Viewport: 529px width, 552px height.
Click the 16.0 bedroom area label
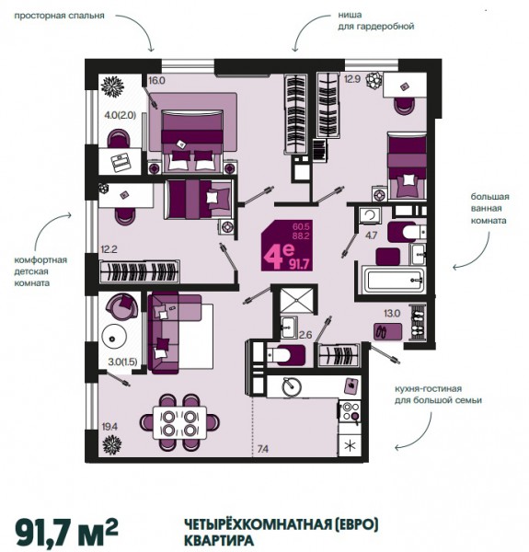coord(156,81)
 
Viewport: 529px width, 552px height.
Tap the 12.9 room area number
coord(352,79)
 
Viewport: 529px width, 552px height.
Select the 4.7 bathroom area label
coord(372,236)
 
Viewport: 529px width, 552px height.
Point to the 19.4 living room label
coord(109,427)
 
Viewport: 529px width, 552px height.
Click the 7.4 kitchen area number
coord(263,449)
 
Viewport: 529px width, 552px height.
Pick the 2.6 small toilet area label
coord(305,335)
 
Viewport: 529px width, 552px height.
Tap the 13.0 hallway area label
coord(392,313)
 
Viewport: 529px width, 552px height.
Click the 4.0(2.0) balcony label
coord(121,115)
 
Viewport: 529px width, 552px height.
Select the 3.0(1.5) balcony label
coord(122,362)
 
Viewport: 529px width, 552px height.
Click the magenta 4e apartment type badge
coord(287,246)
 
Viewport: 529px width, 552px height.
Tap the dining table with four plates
coord(179,422)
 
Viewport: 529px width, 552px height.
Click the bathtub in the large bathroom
coord(394,281)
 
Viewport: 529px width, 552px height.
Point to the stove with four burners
coord(350,411)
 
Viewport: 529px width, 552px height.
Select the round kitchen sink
coord(292,386)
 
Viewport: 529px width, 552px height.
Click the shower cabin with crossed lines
coord(296,300)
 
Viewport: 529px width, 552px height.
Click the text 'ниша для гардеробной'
coord(376,20)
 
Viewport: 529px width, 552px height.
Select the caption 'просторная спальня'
coord(59,16)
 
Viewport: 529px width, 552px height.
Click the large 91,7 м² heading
coord(66,532)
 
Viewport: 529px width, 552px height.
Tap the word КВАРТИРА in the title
coord(219,540)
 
